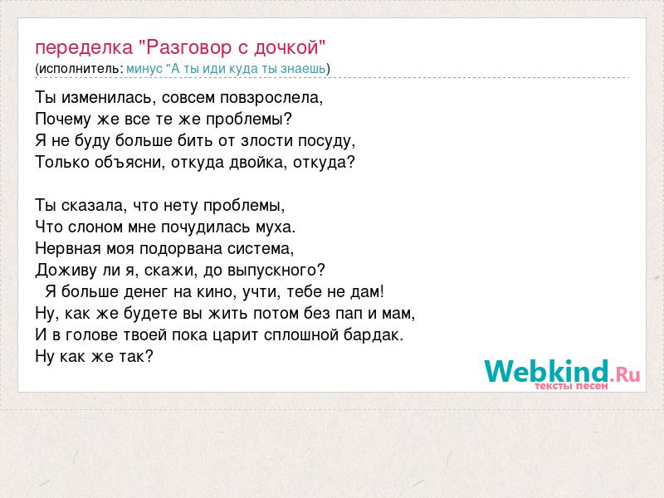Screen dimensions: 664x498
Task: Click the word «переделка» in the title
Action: coord(84,48)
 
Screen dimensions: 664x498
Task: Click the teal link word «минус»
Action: coord(144,69)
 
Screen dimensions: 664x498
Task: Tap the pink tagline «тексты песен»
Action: coord(571,386)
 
